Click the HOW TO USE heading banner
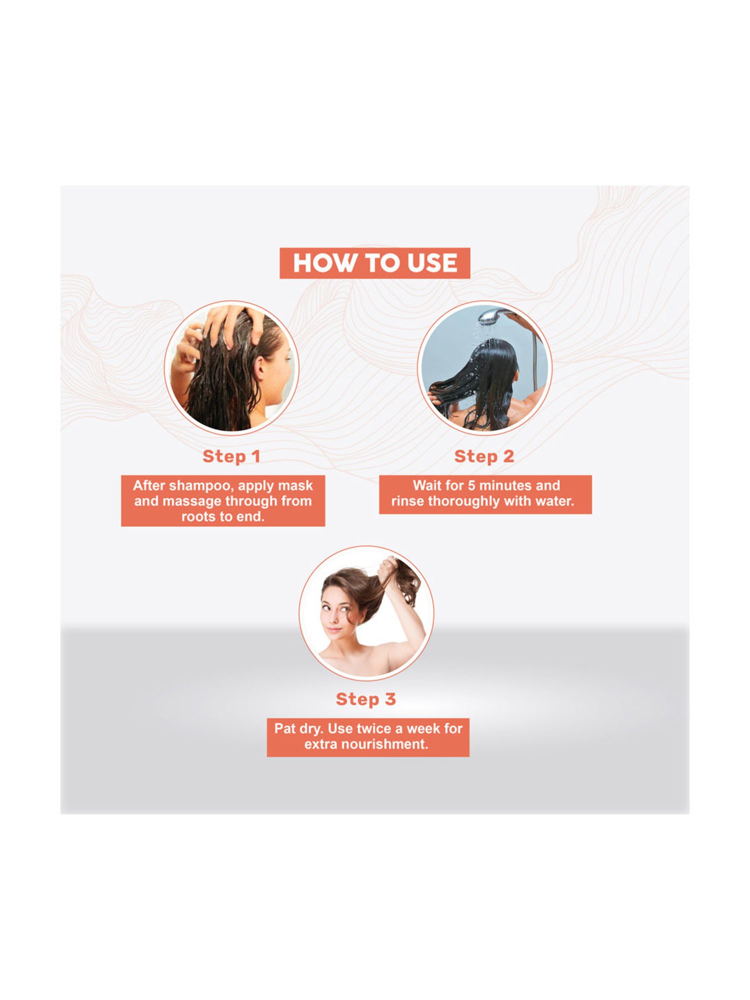(374, 263)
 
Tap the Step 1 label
(231, 456)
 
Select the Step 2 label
(484, 456)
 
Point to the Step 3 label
(366, 699)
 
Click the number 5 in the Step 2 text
(471, 485)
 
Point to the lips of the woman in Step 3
(333, 629)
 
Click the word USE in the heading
(432, 263)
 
